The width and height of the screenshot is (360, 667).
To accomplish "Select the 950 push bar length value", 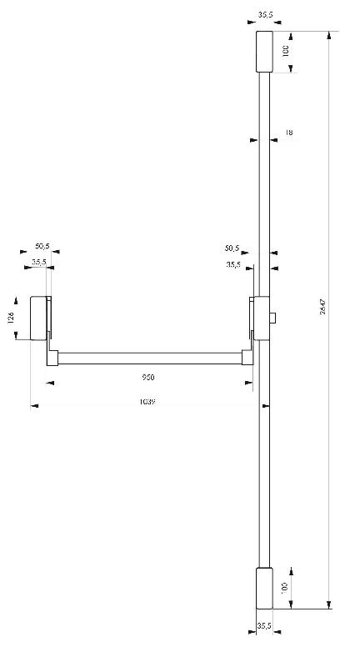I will (x=149, y=377).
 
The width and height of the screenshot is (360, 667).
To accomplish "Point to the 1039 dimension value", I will (x=149, y=401).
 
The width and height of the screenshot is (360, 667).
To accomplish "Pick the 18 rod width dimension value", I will (x=288, y=132).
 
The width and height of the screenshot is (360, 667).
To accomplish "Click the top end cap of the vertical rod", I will (x=263, y=52).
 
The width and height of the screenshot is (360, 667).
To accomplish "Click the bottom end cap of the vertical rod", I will (x=263, y=588).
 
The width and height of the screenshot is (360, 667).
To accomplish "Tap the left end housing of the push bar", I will (x=39, y=318).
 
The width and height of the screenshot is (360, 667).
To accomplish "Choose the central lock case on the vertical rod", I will (x=262, y=318).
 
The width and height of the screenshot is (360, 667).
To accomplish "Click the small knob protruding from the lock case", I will (x=274, y=318).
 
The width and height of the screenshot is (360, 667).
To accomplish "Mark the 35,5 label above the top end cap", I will (x=266, y=14).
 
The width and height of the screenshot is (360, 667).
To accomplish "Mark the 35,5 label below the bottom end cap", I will (x=265, y=624).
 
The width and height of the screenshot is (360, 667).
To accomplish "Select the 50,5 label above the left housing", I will (x=42, y=247).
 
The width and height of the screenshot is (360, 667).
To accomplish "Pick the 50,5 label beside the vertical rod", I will (x=232, y=248).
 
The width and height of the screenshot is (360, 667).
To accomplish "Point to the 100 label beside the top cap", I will (x=286, y=51).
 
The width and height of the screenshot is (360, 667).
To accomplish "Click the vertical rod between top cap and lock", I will (x=263, y=183).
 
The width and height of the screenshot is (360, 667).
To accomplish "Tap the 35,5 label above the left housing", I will (x=39, y=262).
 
